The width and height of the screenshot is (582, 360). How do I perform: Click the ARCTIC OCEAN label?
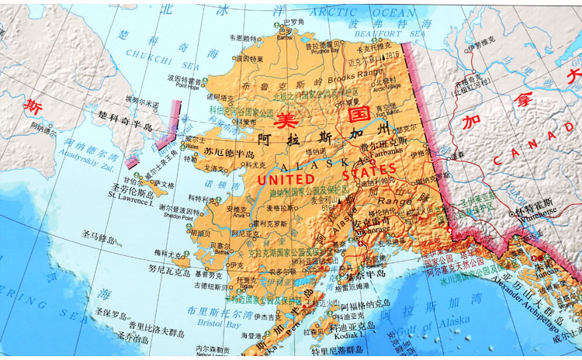coord(362,12)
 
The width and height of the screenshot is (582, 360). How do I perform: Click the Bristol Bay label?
coord(201,324)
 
